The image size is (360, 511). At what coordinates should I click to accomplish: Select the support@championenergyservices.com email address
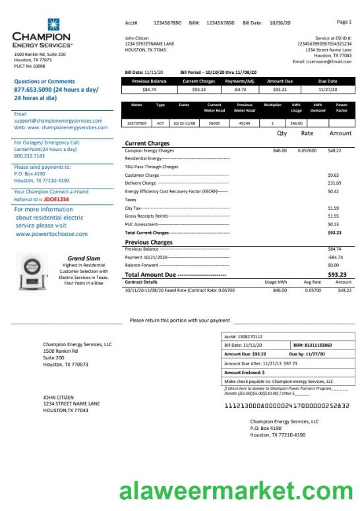[x=58, y=121]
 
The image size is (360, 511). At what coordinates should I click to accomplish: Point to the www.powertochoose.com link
[x=51, y=233]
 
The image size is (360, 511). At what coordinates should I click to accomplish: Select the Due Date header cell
[x=327, y=81]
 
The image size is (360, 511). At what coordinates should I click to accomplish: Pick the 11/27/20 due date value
[x=327, y=89]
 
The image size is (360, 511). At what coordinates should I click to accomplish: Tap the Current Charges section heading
[x=147, y=143]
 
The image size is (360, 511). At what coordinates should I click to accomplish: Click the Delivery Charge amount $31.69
[x=334, y=183]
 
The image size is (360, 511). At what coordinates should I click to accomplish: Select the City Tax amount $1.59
[x=334, y=208]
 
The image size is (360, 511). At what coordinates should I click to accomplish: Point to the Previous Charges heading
[x=148, y=242]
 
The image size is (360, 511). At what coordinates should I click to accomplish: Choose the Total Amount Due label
[x=150, y=274]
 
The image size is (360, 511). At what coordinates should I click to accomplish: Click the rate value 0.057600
[x=307, y=150]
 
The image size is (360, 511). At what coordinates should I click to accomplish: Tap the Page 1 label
[x=344, y=22]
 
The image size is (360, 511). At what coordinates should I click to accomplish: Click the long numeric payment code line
[x=287, y=406]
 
